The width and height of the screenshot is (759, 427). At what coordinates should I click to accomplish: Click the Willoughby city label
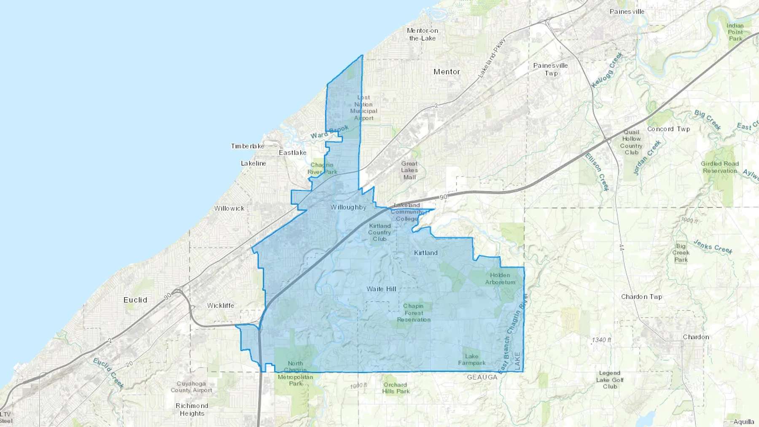coord(348,207)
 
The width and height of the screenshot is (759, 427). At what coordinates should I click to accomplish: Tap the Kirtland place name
coord(426,253)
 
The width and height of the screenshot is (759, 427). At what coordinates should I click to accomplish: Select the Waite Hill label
coord(381,289)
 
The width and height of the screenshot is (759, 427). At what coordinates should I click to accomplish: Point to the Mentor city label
coord(447,72)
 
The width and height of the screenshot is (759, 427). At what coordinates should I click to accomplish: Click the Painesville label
coord(627,12)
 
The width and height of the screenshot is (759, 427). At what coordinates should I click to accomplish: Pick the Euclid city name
coord(135,300)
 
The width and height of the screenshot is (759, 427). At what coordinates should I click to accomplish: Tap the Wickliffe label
coord(221,306)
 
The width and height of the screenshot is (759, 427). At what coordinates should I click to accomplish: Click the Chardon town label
coord(696,337)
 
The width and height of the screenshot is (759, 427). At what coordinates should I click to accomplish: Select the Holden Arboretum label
coord(500,279)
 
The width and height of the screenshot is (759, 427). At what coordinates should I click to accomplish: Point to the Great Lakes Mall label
coord(409,170)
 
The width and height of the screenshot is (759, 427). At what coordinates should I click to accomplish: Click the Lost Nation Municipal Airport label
coord(363,108)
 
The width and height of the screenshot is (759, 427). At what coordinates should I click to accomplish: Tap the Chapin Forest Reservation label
coord(414,313)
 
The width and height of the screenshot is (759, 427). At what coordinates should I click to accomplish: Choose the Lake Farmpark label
coord(472,360)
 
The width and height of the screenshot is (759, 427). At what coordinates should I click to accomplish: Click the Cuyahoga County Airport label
coord(191,387)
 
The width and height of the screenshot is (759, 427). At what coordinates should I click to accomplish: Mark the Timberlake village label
coord(248,146)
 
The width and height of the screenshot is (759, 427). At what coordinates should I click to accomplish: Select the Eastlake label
coord(293,153)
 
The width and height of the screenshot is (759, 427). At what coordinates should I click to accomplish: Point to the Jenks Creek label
coord(713,247)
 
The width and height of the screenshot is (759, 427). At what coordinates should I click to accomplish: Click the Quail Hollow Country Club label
coord(631,142)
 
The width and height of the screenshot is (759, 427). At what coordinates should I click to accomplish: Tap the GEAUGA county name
coord(482,377)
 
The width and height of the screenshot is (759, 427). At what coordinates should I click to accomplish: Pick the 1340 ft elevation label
coord(601,340)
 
